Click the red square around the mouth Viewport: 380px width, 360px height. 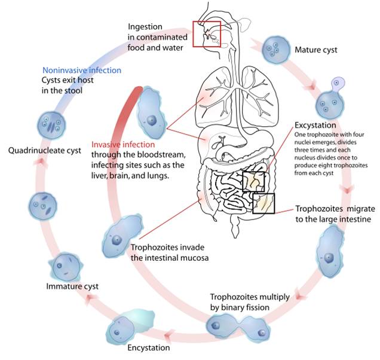206,35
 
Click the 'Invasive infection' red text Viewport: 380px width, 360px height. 122,145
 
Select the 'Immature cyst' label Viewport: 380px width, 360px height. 72,286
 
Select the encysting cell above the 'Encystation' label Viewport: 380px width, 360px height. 124,327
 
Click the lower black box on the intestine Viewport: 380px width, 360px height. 263,203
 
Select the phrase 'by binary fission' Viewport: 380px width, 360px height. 243,307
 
